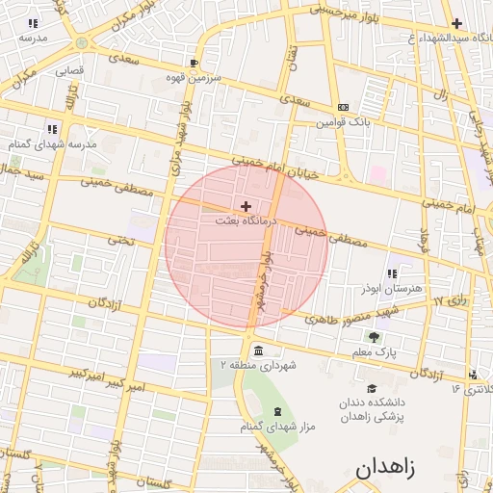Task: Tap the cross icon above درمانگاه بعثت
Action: (x=246, y=205)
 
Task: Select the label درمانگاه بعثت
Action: (x=246, y=221)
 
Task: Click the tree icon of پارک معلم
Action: (x=374, y=337)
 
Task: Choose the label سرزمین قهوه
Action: (x=193, y=77)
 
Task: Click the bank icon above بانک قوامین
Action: (x=343, y=107)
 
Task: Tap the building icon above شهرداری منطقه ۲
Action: (x=258, y=350)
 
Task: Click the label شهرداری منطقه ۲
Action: (x=258, y=366)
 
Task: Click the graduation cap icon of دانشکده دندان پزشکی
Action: (x=371, y=387)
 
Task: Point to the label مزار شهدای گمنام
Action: (x=277, y=427)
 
